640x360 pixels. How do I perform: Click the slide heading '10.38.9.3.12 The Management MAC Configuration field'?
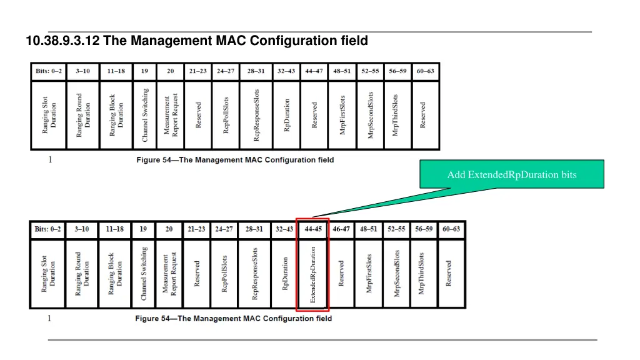[x=197, y=41]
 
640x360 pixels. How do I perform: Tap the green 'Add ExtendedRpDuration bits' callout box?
[x=511, y=174]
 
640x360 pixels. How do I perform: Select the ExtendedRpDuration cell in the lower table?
[x=313, y=274]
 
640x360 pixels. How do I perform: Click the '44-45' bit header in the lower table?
[x=313, y=229]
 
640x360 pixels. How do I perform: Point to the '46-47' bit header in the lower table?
[x=341, y=229]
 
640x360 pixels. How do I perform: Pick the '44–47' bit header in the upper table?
[x=314, y=71]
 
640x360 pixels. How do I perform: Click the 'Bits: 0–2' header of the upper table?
[x=49, y=71]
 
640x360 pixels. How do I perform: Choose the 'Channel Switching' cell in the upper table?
[x=145, y=115]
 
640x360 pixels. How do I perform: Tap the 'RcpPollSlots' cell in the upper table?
[x=226, y=115]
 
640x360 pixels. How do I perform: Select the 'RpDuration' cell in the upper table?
[x=287, y=115]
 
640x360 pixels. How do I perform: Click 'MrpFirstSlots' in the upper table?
[x=342, y=115]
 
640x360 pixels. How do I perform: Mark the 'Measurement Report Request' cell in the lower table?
[x=170, y=274]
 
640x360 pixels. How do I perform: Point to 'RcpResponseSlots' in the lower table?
[x=254, y=274]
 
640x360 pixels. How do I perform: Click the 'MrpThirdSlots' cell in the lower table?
[x=422, y=274]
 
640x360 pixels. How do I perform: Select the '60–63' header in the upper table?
[x=426, y=71]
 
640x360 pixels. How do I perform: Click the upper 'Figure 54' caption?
[x=235, y=160]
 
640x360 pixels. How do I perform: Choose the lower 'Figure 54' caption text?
[x=234, y=319]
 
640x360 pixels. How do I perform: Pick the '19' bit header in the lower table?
[x=144, y=229]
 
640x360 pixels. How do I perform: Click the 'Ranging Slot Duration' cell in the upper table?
[x=49, y=115]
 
